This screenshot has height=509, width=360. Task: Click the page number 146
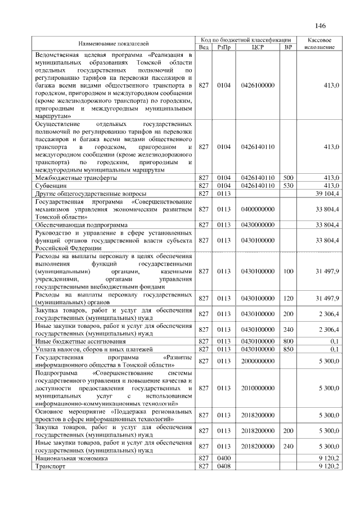pyautogui.click(x=321, y=26)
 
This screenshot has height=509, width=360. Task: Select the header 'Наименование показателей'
pyautogui.click(x=114, y=43)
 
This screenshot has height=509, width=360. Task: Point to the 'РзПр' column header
pyautogui.click(x=223, y=47)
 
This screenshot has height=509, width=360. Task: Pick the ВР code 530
pyautogui.click(x=288, y=185)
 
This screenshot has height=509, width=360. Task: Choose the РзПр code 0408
pyautogui.click(x=223, y=467)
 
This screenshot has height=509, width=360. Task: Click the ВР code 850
pyautogui.click(x=288, y=349)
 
